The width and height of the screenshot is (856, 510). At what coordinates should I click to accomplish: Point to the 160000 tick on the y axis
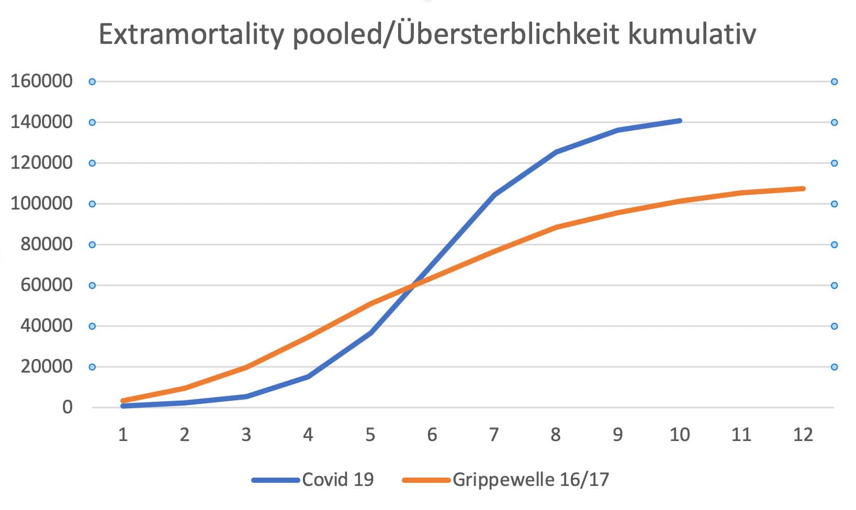pyautogui.click(x=41, y=82)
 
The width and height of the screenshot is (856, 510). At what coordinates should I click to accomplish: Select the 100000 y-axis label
pyautogui.click(x=41, y=204)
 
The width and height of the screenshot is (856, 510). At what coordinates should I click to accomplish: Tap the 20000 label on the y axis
pyautogui.click(x=46, y=367)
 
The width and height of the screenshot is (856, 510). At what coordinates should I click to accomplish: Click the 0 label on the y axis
pyautogui.click(x=67, y=408)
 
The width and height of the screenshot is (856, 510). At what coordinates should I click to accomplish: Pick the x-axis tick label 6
pyautogui.click(x=432, y=435)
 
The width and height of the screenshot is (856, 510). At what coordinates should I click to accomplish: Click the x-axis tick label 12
pyautogui.click(x=803, y=435)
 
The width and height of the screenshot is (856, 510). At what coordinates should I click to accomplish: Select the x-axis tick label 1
pyautogui.click(x=123, y=435)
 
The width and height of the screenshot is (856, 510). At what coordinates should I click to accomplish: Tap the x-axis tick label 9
pyautogui.click(x=617, y=435)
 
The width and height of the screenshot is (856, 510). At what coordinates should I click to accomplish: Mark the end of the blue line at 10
pyautogui.click(x=680, y=121)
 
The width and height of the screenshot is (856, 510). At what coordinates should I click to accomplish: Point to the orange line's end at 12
pyautogui.click(x=803, y=189)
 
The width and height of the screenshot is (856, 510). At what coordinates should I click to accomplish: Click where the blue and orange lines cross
pyautogui.click(x=413, y=286)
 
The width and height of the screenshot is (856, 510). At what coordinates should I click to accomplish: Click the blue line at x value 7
pyautogui.click(x=494, y=195)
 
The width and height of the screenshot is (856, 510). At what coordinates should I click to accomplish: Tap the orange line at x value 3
pyautogui.click(x=246, y=367)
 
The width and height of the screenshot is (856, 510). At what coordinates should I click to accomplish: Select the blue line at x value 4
pyautogui.click(x=308, y=376)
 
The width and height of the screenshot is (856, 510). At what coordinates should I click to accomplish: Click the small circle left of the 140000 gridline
pyautogui.click(x=92, y=122)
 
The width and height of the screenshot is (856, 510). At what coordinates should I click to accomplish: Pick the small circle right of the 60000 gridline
pyautogui.click(x=834, y=285)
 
